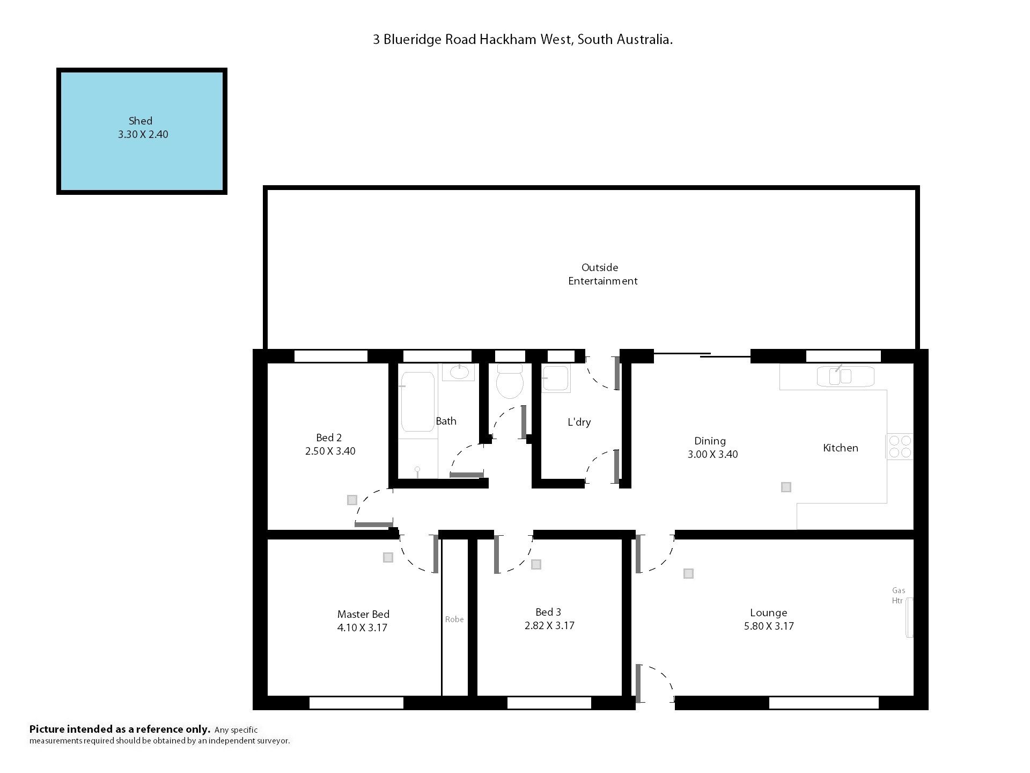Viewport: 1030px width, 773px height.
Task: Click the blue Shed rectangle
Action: coord(142,131)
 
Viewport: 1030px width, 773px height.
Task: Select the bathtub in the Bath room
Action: coord(417,402)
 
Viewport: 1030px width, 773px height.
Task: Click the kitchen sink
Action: coord(841,376)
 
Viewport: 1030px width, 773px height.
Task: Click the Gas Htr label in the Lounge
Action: coord(898,595)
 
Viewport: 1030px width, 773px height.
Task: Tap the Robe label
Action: coord(454,619)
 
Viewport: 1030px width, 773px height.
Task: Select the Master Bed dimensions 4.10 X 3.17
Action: coord(363,628)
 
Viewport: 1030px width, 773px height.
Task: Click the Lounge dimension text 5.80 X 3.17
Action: coord(769,626)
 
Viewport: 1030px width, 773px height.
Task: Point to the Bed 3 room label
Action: coord(548,612)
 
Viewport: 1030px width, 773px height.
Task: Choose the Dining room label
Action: coord(710,441)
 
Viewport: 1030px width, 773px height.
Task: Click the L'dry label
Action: coord(579,422)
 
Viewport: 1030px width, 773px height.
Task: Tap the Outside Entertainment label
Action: coord(602,274)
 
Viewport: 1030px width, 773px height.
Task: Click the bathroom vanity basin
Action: coord(458,372)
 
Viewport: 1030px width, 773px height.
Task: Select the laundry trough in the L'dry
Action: coord(556,378)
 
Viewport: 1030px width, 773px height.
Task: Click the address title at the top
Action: coord(523,40)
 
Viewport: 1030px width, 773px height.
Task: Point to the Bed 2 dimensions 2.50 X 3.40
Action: coord(330,451)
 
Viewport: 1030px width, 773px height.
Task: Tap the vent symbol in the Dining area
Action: coord(786,487)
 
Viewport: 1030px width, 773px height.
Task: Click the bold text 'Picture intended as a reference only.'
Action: coord(120,729)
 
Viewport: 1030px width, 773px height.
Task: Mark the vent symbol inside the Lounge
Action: coord(688,574)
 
